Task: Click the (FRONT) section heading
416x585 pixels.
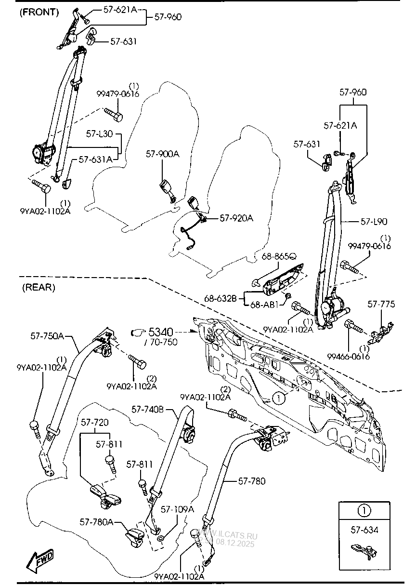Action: (x=39, y=13)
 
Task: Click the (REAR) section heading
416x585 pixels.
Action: (x=39, y=288)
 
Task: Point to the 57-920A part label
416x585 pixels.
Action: (x=236, y=218)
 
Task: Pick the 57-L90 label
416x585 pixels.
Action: (x=374, y=222)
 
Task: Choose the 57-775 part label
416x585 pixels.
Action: (x=381, y=304)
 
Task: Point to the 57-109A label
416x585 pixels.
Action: (x=177, y=509)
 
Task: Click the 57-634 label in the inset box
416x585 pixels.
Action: (x=364, y=530)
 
